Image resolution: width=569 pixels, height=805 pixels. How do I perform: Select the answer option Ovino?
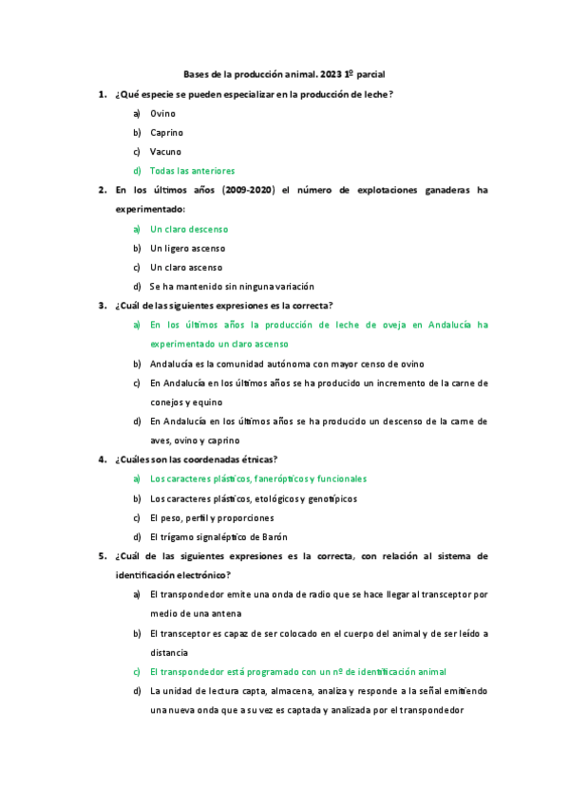[162, 113]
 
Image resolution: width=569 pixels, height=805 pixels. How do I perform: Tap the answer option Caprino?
[166, 133]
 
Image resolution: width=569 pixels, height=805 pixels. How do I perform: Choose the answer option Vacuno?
[165, 152]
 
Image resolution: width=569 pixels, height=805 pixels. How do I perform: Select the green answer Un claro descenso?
[188, 230]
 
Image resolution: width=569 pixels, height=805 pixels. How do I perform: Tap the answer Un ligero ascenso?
[187, 249]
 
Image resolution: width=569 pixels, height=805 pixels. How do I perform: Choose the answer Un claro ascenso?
[185, 268]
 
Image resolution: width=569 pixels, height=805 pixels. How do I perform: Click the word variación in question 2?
[289, 287]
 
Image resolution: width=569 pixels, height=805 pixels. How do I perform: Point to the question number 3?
[102, 306]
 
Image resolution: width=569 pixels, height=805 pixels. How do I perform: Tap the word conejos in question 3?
[169, 402]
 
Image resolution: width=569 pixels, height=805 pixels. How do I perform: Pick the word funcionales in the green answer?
[341, 479]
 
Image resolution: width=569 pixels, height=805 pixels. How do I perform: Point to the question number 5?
[102, 556]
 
